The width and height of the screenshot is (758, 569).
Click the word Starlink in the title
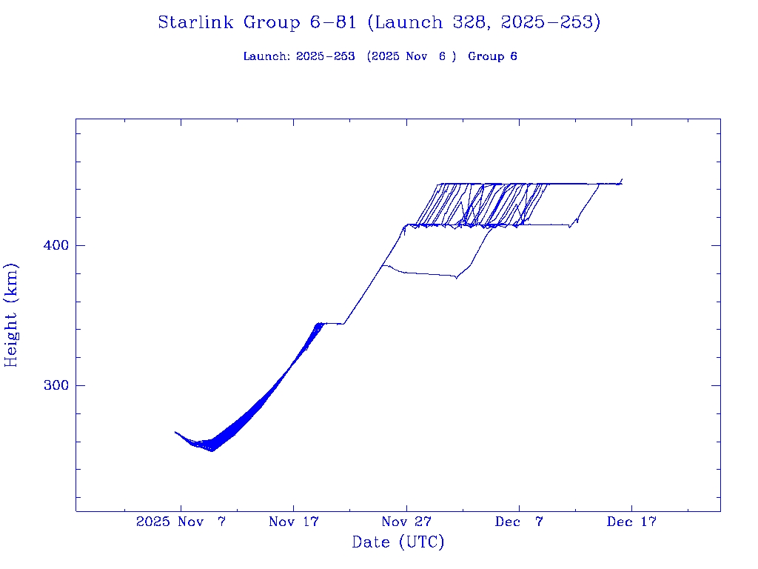(x=197, y=23)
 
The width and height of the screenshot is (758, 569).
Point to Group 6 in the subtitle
(x=492, y=56)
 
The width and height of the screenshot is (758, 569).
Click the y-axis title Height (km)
(x=11, y=315)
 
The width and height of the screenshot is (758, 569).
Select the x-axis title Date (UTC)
(x=398, y=542)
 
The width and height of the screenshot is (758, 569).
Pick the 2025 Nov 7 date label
(x=181, y=522)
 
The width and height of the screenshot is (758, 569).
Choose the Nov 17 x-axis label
(x=293, y=522)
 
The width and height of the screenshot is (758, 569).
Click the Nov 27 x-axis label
(x=406, y=522)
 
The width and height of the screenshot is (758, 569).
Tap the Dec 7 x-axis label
(x=519, y=522)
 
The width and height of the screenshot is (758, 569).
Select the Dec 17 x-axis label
(x=631, y=522)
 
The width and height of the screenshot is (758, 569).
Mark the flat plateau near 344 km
(x=332, y=323)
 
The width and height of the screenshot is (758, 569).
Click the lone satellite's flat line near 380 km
(x=426, y=274)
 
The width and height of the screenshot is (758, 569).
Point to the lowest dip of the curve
(x=212, y=450)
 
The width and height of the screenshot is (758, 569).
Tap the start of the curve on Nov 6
(x=175, y=432)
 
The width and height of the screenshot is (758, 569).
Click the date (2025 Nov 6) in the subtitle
(x=412, y=56)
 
